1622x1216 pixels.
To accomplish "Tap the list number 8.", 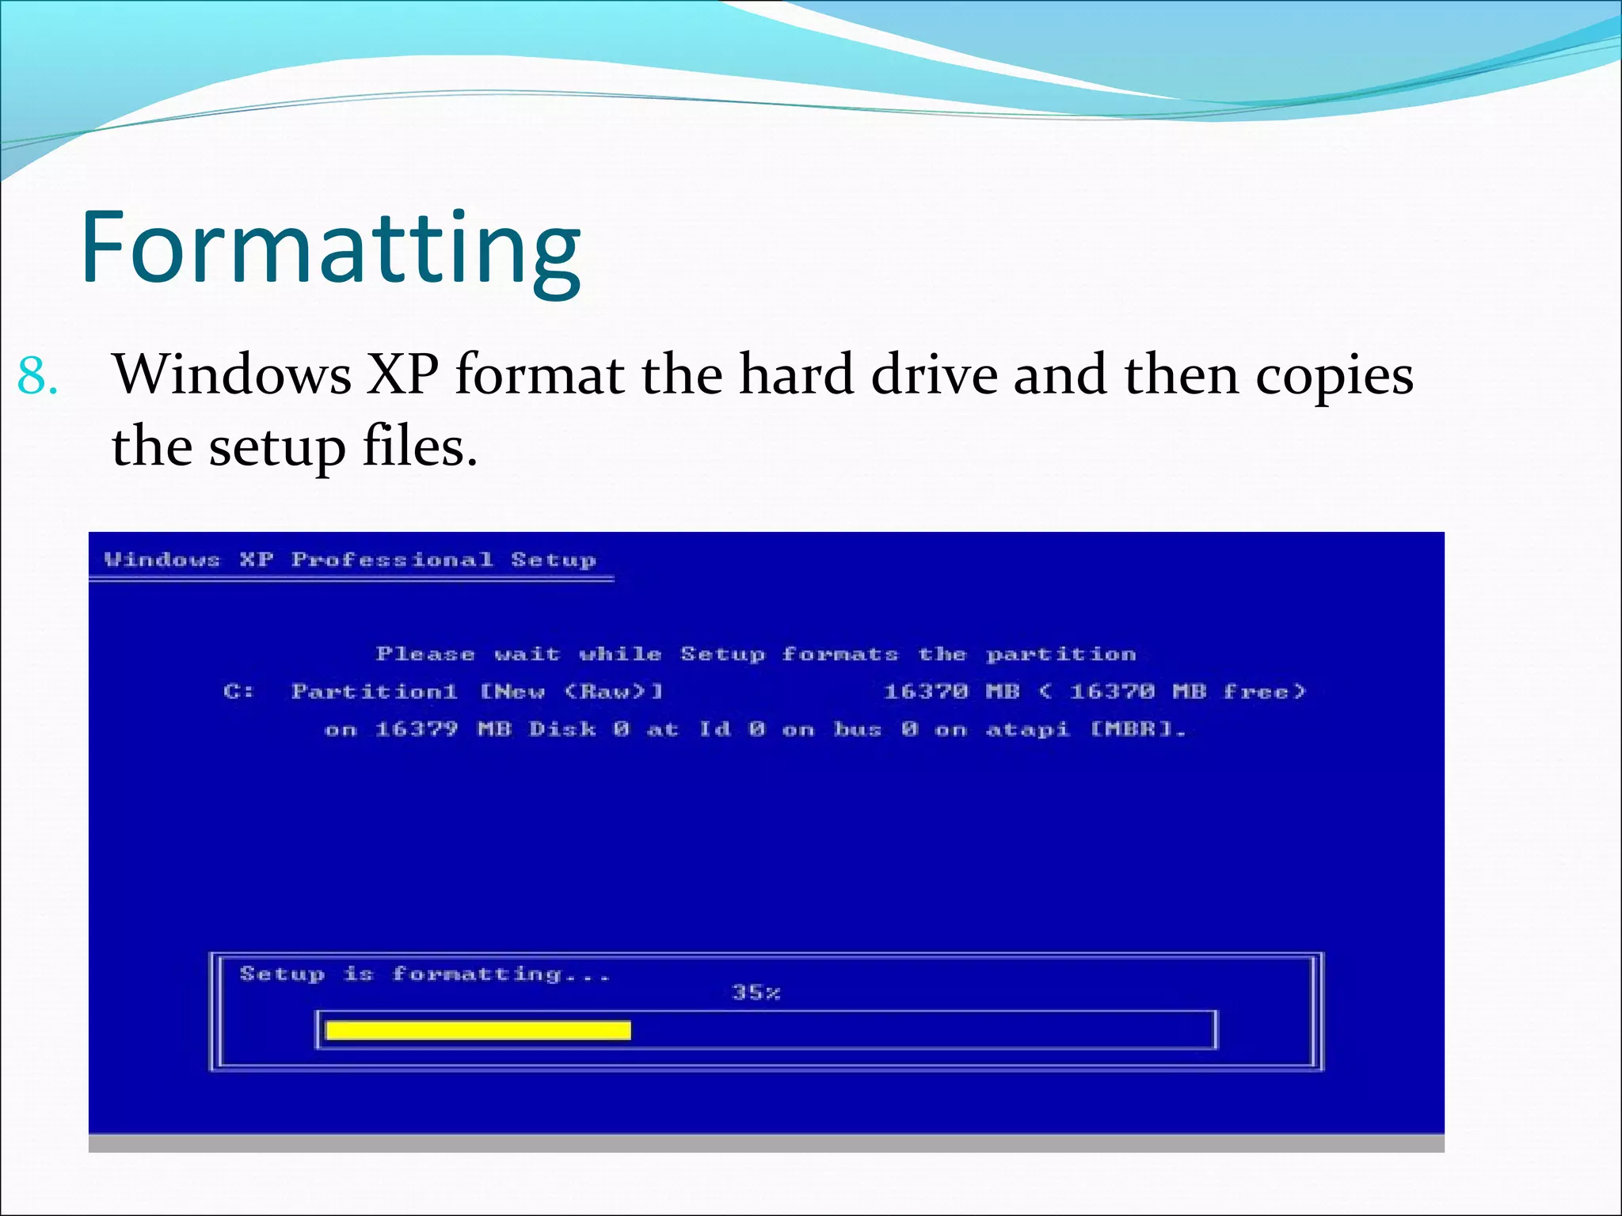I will point(37,376).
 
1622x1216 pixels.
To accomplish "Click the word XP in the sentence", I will point(402,374).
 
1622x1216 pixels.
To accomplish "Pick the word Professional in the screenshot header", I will point(392,560).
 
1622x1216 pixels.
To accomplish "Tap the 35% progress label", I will point(756,992).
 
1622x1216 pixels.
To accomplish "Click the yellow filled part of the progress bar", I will point(478,1030).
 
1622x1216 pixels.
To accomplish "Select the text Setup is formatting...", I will point(425,974).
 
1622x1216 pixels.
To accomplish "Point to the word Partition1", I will point(374,691).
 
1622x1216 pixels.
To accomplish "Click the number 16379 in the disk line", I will point(416,729).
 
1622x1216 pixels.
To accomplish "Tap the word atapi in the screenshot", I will point(1027,729).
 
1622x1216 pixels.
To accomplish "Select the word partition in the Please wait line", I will point(1060,655).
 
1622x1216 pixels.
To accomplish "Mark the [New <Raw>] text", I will point(571,691).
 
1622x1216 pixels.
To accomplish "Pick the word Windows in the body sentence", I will point(232,374).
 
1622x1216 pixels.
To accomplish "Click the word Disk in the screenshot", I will point(562,729).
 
